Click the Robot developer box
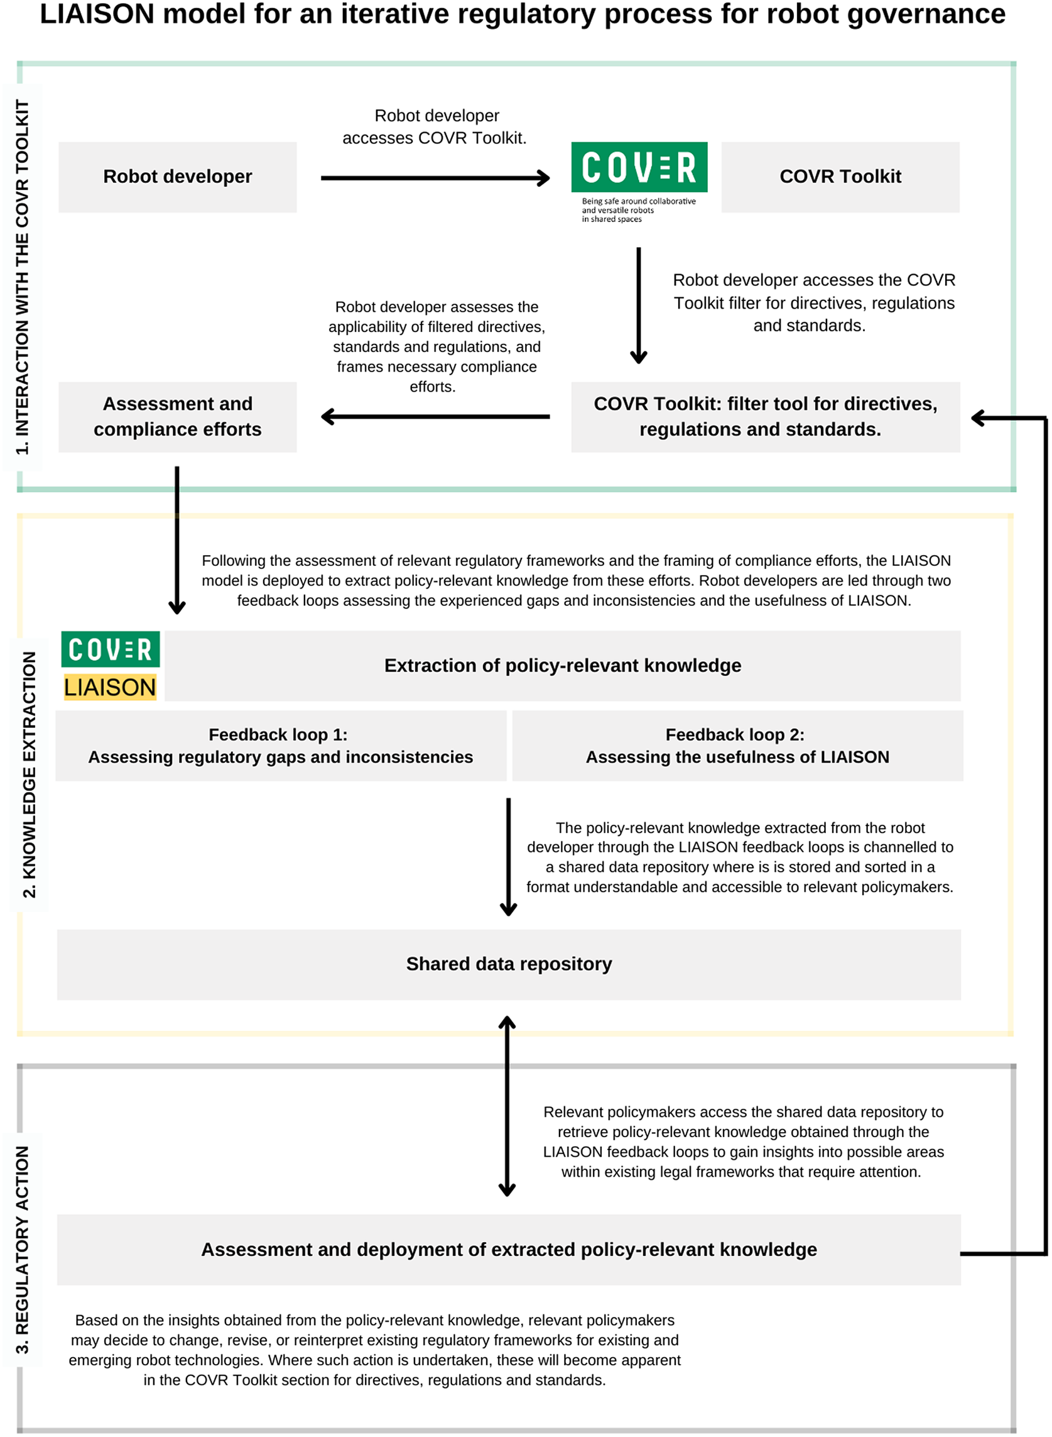tap(177, 177)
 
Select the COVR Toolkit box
tap(839, 177)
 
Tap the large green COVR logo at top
tap(639, 167)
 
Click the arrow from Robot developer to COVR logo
tap(435, 178)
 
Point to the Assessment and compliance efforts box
tap(177, 417)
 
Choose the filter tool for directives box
tap(765, 417)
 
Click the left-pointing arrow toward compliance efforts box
tap(435, 417)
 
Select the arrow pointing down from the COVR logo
tap(638, 305)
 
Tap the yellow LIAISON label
tap(109, 687)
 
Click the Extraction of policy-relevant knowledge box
tap(562, 665)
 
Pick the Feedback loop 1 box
tap(280, 746)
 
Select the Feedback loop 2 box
tap(737, 746)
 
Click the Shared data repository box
tap(508, 964)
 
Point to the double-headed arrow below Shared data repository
tap(507, 1106)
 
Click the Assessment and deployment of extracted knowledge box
tap(508, 1249)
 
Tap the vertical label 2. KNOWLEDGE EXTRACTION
tap(30, 774)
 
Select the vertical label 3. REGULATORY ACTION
tap(22, 1249)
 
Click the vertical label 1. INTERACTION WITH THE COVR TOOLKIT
tap(22, 277)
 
